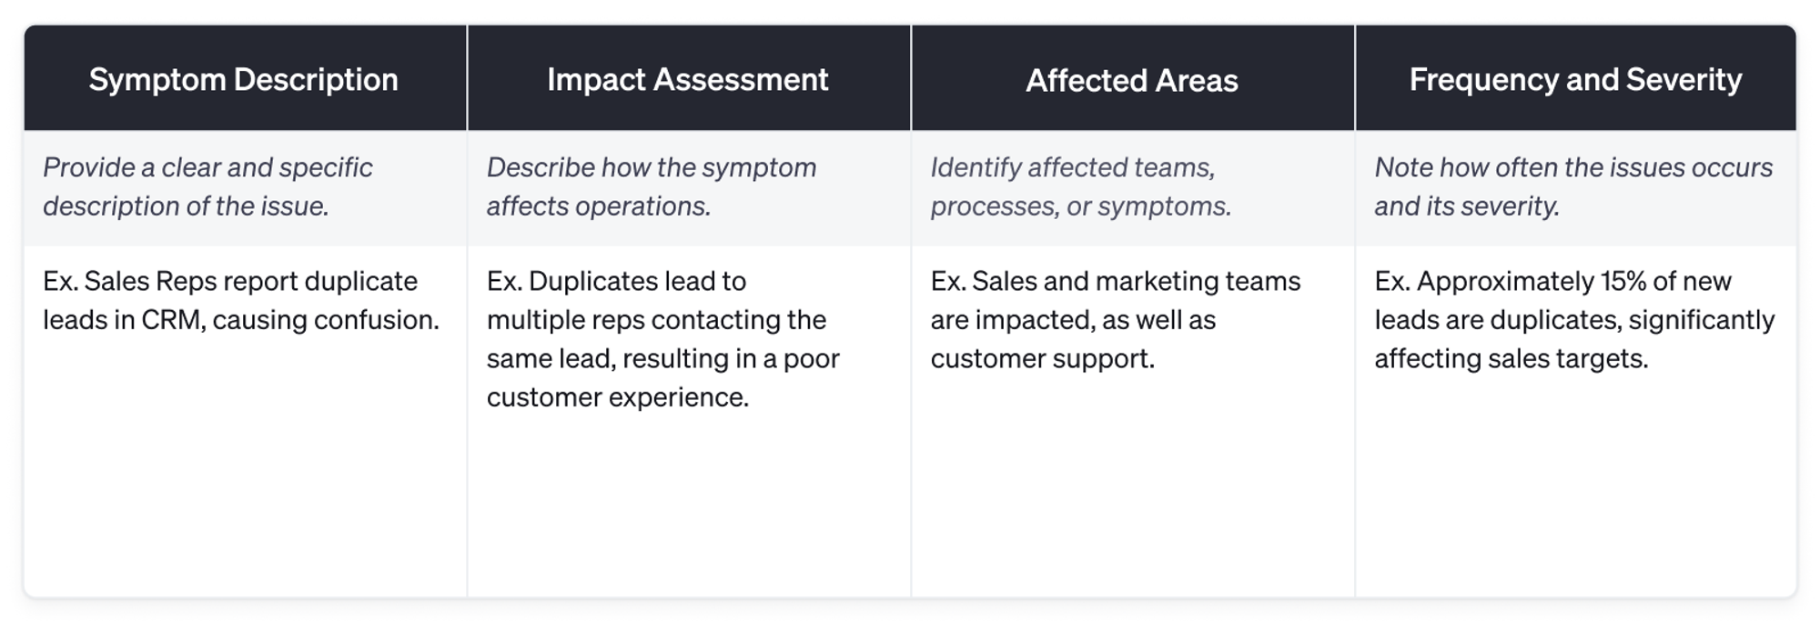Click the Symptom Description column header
pos(244,80)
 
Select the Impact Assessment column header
pos(688,80)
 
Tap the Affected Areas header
pos(1132,81)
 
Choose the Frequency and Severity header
pos(1575,80)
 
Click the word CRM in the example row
pos(172,320)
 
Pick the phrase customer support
pos(1042,358)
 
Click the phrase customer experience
pos(617,397)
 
